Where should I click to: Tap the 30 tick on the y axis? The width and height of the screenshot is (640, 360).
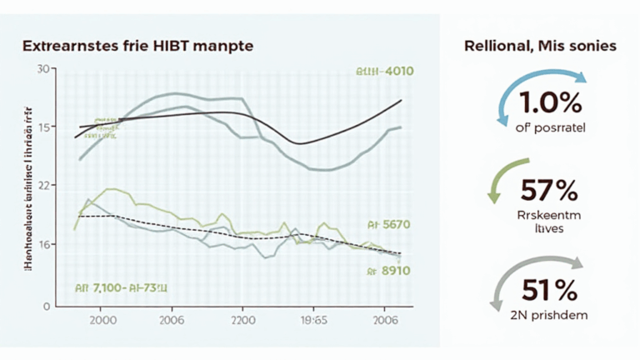point(44,68)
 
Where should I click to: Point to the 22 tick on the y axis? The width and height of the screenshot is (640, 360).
point(43,185)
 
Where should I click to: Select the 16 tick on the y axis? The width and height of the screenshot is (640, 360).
point(43,244)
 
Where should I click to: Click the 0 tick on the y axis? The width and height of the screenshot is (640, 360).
point(47,306)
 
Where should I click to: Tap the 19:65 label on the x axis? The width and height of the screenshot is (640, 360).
point(315,321)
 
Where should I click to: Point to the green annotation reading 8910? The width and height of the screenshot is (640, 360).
point(385,270)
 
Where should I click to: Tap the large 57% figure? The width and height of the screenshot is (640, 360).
point(548,191)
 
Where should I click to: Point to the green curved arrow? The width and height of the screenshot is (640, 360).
point(498,179)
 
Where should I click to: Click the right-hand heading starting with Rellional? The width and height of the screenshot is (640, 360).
point(540,46)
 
